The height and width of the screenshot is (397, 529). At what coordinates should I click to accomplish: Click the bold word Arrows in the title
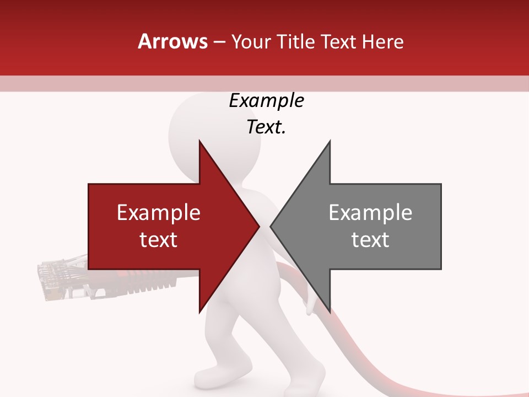tap(173, 41)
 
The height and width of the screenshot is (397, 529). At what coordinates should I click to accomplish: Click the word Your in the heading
tap(251, 42)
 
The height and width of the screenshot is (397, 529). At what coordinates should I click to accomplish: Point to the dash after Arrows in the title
tap(219, 42)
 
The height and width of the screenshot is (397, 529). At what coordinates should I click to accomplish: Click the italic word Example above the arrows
tap(266, 101)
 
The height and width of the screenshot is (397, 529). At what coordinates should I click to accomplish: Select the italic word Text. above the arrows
tap(266, 127)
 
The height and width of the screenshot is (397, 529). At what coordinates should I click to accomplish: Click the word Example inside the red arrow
tap(158, 213)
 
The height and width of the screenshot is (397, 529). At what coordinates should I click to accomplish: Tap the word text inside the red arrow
tap(158, 240)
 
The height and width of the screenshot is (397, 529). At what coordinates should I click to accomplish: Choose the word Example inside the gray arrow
tap(370, 213)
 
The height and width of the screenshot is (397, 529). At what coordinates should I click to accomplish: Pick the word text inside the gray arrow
tap(370, 240)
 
